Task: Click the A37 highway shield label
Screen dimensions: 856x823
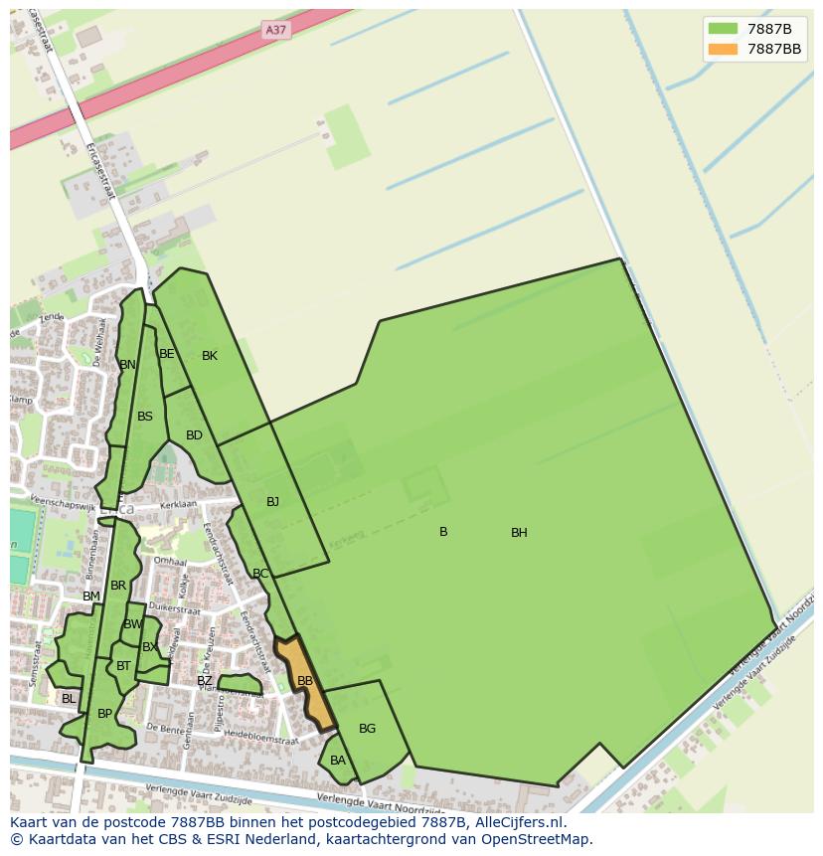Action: (x=275, y=30)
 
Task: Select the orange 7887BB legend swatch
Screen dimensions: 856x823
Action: (x=723, y=49)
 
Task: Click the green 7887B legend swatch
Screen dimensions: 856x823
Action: (x=723, y=28)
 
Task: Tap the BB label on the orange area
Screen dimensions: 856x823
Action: (x=305, y=681)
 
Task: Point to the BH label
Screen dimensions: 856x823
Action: (x=519, y=533)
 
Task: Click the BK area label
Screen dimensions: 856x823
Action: (x=210, y=356)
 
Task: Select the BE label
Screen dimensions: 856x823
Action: (x=167, y=354)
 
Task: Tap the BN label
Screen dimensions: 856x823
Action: (x=127, y=365)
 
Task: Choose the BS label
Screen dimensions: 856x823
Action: (x=145, y=417)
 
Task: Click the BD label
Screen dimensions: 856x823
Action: (x=194, y=435)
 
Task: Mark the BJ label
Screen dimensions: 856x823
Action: (x=272, y=502)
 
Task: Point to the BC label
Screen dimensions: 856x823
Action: (x=260, y=574)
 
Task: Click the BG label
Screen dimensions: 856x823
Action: (x=367, y=729)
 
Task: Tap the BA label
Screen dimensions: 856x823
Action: (x=338, y=761)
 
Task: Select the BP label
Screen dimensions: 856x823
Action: (x=104, y=714)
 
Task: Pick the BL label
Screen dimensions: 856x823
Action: (x=69, y=699)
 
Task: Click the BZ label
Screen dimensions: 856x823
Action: (x=204, y=681)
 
